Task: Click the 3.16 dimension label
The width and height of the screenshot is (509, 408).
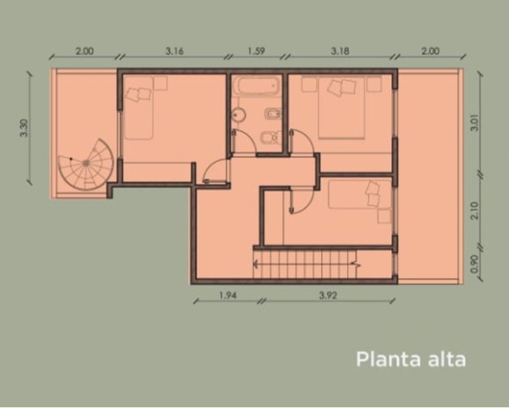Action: click(x=174, y=51)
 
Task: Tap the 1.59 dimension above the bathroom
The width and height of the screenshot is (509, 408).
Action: click(x=256, y=51)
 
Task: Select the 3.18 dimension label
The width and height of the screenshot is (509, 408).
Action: click(x=340, y=51)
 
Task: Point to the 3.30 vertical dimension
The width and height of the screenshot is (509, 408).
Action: click(x=24, y=128)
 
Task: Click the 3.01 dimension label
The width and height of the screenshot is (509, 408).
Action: click(x=475, y=123)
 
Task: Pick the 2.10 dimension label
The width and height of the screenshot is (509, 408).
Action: click(x=475, y=211)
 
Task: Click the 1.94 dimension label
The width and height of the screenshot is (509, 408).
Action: click(x=228, y=295)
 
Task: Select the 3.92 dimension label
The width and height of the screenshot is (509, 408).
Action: click(x=328, y=295)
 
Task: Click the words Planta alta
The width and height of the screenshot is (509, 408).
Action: click(x=411, y=359)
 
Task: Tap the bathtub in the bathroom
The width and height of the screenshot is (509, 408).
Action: click(x=256, y=85)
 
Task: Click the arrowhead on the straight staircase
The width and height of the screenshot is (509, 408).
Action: click(x=256, y=264)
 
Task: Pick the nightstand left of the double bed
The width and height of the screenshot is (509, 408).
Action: click(x=309, y=84)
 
